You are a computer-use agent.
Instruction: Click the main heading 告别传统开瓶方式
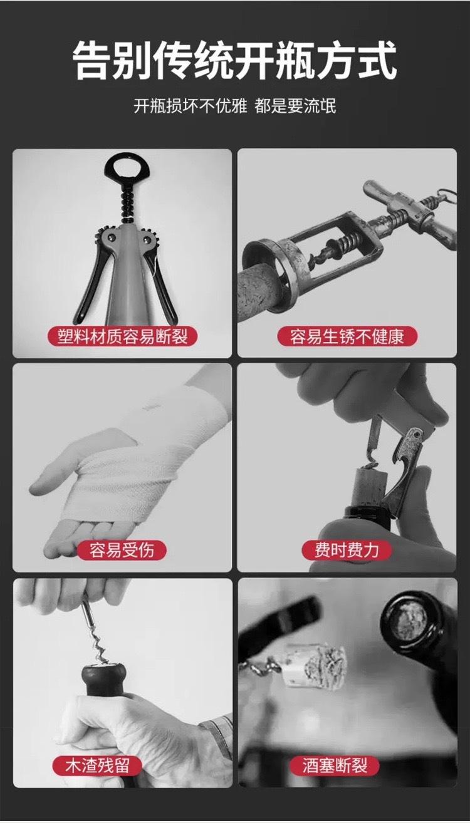coord(234,61)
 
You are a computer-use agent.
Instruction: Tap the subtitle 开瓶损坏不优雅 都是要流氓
coord(234,106)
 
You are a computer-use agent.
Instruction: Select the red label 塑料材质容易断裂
coord(122,336)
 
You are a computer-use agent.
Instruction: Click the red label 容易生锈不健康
coord(347,336)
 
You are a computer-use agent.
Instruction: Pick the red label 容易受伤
coord(122,550)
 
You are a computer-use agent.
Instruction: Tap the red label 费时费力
coord(346,550)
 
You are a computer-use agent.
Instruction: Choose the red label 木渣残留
coord(97,765)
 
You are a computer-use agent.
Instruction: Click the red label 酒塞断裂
coord(335,765)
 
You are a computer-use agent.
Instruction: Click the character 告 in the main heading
coord(92,61)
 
